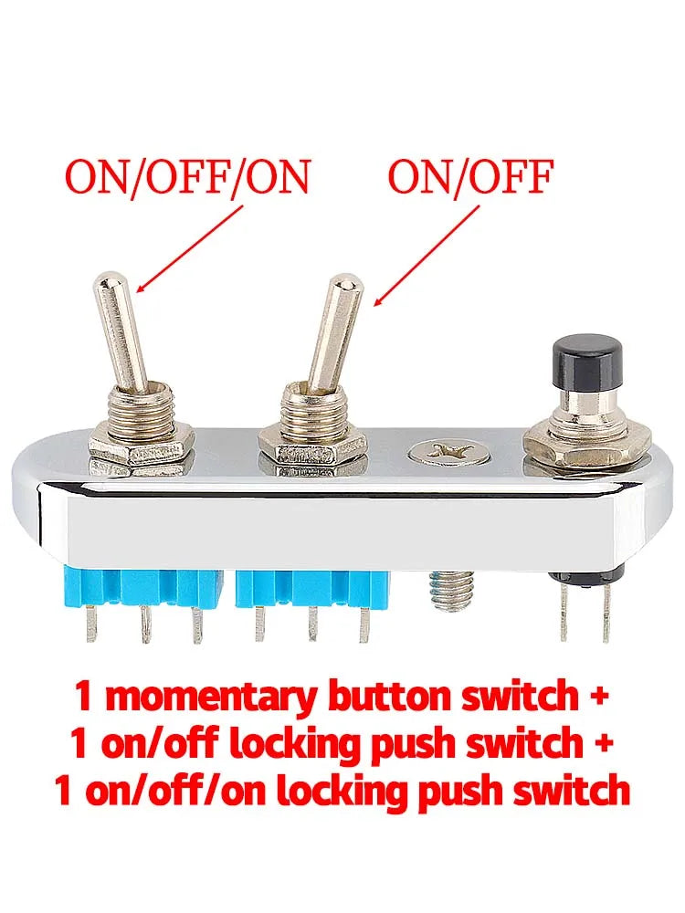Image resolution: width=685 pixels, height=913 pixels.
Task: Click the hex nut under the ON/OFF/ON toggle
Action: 141,447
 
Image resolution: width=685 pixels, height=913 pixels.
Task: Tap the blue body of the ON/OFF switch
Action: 312,588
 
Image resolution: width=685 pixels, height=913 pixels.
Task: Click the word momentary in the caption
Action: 212,698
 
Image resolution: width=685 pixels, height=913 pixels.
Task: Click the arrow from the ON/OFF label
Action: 426,255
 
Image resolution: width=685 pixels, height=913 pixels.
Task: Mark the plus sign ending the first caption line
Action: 596,697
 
